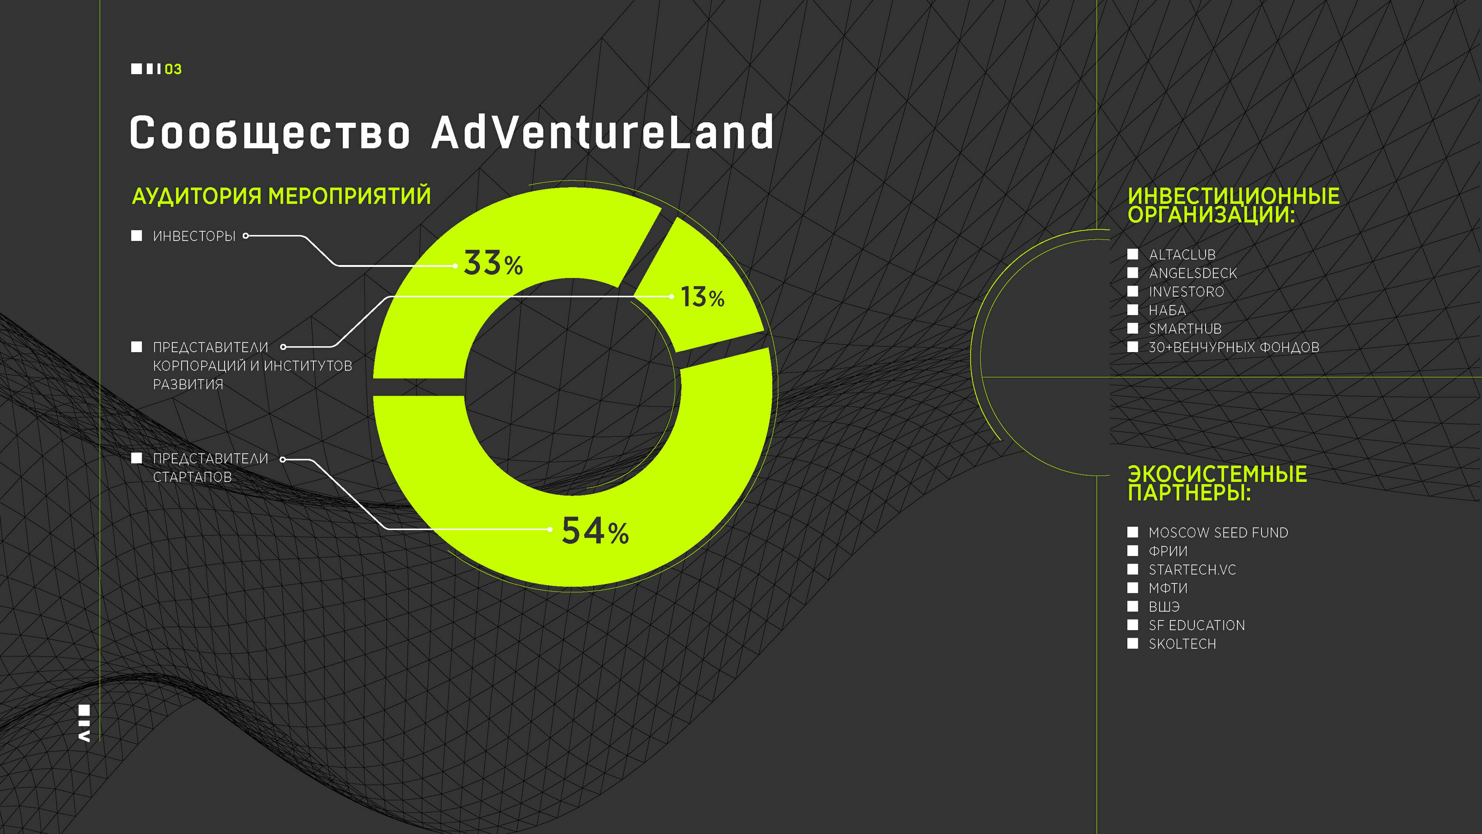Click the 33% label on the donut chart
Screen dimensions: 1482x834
pos(493,263)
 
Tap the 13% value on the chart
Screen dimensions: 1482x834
pos(703,297)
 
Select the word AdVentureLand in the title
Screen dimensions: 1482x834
pos(603,133)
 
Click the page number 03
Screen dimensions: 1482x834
pos(173,69)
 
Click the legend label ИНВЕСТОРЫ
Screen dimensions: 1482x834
pos(195,236)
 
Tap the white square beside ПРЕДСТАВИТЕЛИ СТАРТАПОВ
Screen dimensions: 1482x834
pos(136,458)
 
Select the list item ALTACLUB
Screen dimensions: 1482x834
pos(1182,254)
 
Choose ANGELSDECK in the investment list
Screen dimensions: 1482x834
pos(1193,273)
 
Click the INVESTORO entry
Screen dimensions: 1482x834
pos(1186,292)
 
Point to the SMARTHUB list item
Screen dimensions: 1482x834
pos(1185,329)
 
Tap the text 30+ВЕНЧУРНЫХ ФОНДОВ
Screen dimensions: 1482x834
pos(1234,347)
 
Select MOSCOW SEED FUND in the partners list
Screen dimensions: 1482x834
pos(1218,532)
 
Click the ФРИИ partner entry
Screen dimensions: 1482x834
pos(1168,551)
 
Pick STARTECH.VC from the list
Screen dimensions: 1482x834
pos(1192,570)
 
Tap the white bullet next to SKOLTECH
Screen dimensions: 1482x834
pos(1133,644)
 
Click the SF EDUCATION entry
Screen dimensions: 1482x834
pos(1197,625)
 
